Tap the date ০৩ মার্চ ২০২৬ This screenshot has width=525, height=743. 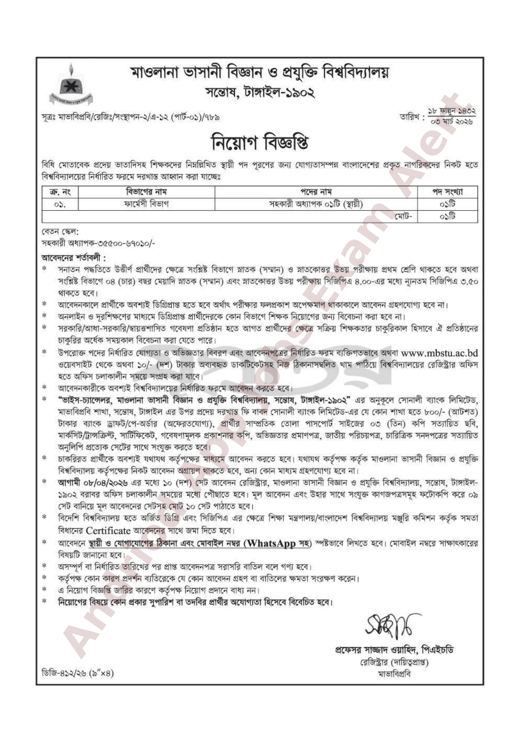point(452,122)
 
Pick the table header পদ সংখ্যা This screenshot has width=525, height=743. point(447,192)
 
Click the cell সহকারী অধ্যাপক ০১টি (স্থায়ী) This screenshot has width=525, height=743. point(316,204)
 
